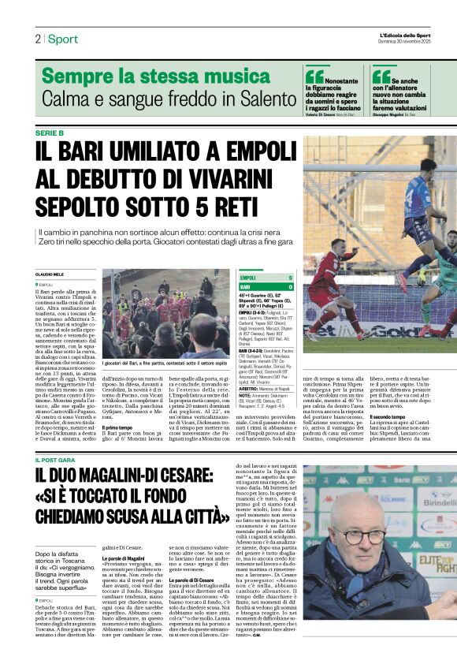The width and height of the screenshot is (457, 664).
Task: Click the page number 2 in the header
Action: (37, 39)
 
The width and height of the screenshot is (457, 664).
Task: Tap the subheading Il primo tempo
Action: (117, 427)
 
